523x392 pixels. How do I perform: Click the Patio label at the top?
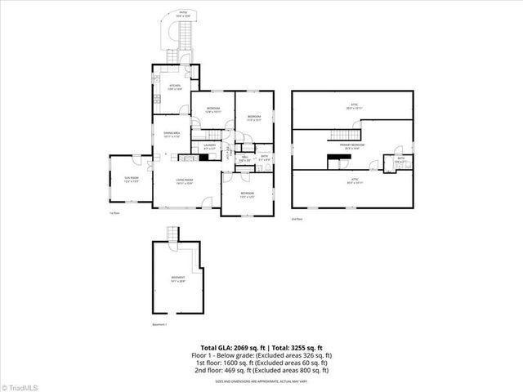[x=181, y=15]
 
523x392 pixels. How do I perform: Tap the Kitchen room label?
[x=175, y=87]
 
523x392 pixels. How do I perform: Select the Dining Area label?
[x=171, y=135]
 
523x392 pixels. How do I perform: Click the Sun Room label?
[x=131, y=179]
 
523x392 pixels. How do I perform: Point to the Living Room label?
[x=184, y=180]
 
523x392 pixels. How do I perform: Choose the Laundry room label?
[x=208, y=147]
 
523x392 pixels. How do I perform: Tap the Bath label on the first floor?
[x=264, y=157]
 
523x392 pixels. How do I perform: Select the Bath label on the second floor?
[x=399, y=160]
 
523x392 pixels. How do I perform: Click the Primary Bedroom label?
[x=353, y=147]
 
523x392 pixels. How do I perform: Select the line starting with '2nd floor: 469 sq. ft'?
[x=261, y=370]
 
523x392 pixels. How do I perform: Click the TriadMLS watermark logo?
[x=21, y=385]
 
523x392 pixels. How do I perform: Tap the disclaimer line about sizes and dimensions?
[x=261, y=381]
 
